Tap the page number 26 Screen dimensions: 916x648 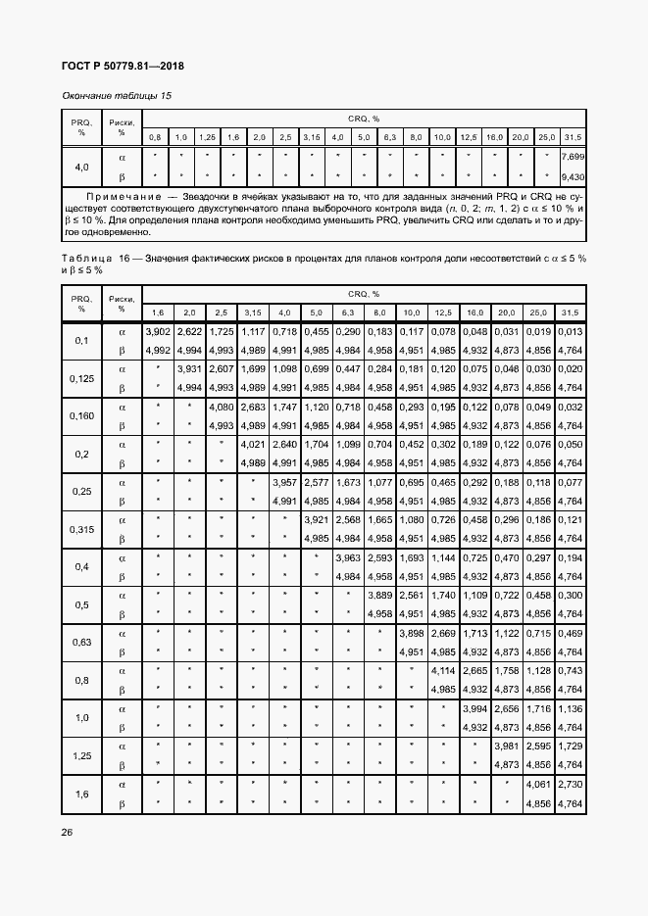click(67, 832)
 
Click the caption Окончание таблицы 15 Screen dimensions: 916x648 click(117, 95)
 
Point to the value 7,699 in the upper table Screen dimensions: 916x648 click(573, 157)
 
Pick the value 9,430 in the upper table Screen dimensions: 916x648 click(573, 176)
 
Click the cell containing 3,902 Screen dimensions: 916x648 click(158, 332)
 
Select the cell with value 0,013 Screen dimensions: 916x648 click(571, 332)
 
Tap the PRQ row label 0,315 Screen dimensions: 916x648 click(81, 529)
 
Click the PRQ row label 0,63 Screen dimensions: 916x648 click(81, 643)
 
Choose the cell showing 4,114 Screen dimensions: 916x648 click(443, 671)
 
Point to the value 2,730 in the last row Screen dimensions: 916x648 click(571, 785)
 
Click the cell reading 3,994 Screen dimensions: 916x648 click(475, 708)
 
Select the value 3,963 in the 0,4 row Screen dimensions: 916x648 click(348, 557)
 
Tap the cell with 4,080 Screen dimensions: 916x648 click(221, 407)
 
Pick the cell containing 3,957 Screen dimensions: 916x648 click(284, 482)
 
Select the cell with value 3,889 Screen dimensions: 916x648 click(379, 596)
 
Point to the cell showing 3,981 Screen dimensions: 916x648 click(507, 747)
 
